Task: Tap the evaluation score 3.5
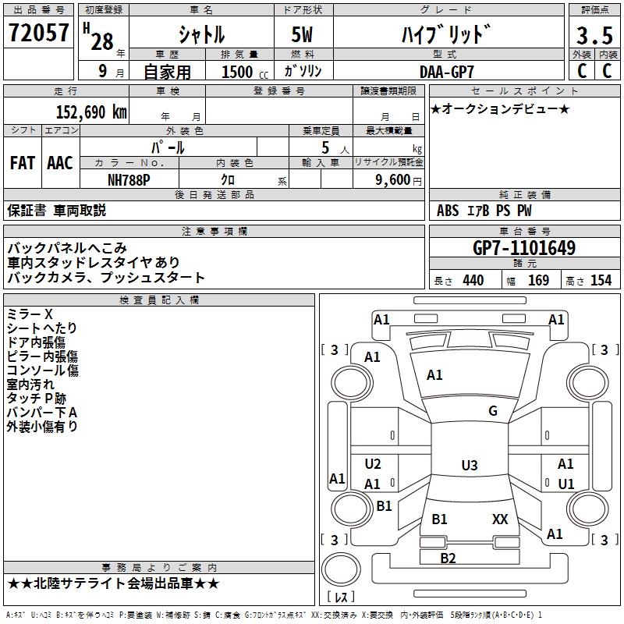tap(594, 36)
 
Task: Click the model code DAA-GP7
tap(446, 71)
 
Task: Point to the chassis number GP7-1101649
tap(524, 248)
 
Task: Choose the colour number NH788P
tap(129, 179)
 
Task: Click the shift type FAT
tap(23, 164)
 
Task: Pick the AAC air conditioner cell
tap(60, 164)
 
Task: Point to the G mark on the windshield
tap(492, 411)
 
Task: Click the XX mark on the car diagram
tap(500, 519)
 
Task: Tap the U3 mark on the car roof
tap(469, 466)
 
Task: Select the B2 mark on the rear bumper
tap(448, 558)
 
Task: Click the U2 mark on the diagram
tap(373, 464)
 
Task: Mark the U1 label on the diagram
tap(565, 484)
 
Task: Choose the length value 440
tap(473, 281)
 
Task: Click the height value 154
tap(601, 281)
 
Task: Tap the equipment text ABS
tap(448, 211)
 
